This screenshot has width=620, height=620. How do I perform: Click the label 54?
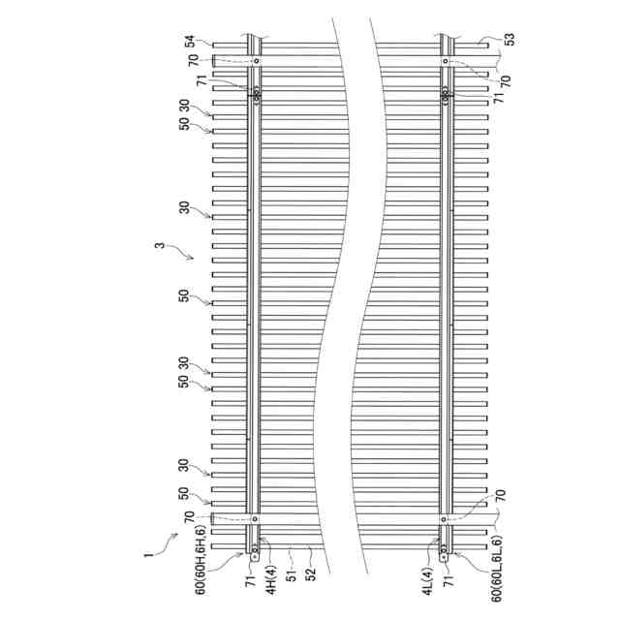191,41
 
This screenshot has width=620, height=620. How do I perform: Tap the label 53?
511,39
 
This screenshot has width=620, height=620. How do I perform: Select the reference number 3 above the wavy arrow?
159,245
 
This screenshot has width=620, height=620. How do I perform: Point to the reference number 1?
148,555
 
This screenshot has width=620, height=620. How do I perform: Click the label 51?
292,573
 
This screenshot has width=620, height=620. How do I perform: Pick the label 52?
312,573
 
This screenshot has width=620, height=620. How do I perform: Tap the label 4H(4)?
271,579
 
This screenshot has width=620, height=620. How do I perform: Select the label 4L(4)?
428,580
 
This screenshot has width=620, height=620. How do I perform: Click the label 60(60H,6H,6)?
201,560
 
